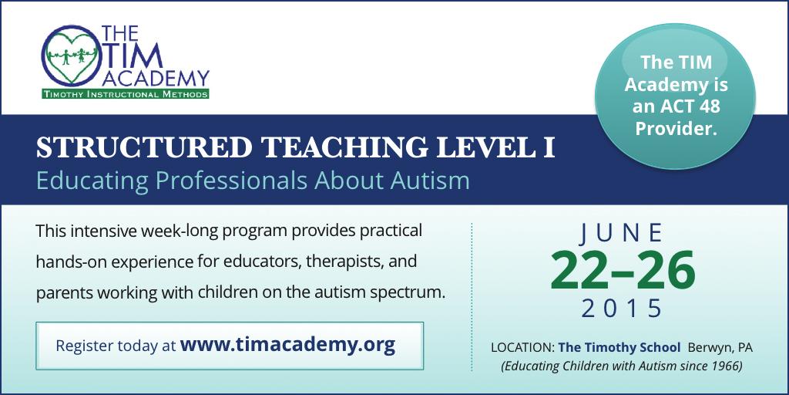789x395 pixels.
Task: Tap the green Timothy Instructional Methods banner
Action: (x=125, y=94)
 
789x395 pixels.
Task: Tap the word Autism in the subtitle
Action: (x=432, y=181)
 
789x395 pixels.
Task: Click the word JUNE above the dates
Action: (x=622, y=231)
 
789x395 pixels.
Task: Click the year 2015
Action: (x=622, y=309)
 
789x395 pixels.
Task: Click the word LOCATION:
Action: (x=522, y=348)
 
